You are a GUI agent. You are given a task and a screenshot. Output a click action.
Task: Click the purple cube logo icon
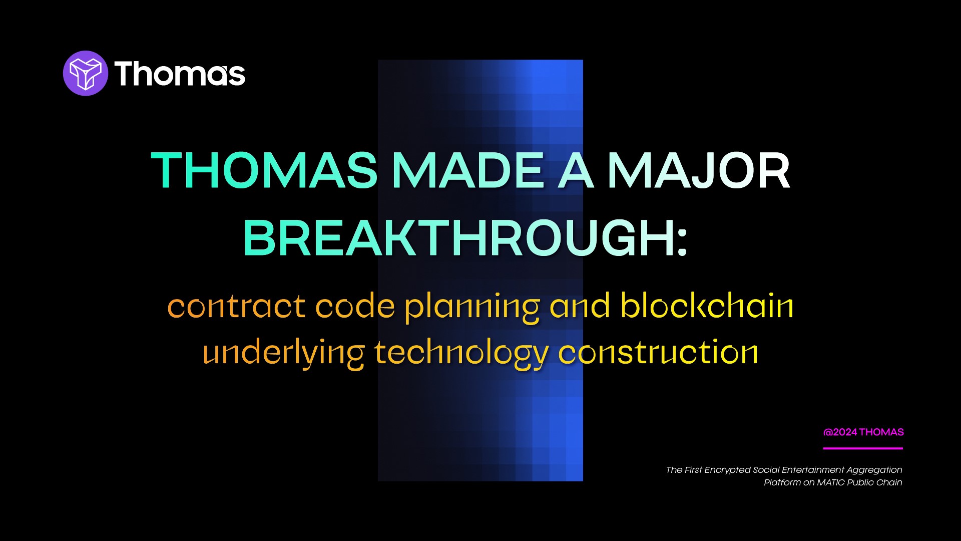(x=86, y=73)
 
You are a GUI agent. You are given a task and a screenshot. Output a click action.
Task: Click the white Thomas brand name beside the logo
(x=180, y=74)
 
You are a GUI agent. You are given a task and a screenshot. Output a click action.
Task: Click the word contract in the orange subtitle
(x=236, y=306)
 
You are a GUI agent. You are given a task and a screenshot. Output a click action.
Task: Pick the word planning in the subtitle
(x=472, y=307)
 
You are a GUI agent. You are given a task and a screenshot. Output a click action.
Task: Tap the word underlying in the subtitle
(x=284, y=353)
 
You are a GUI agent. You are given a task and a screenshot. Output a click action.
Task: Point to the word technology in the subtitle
(x=461, y=353)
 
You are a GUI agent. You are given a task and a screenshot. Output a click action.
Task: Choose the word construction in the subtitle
(x=658, y=352)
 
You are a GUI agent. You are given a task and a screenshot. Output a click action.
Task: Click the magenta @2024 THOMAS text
(x=863, y=432)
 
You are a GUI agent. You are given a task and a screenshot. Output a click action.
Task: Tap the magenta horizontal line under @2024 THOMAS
(x=863, y=448)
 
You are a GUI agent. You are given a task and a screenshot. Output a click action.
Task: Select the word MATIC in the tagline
(x=831, y=482)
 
